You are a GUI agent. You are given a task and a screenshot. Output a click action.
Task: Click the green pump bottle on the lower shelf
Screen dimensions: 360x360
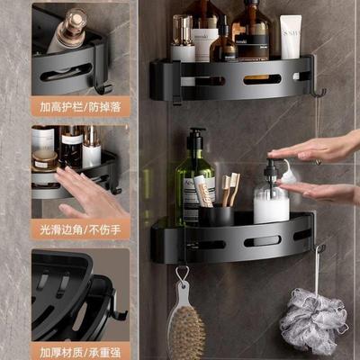(193, 184)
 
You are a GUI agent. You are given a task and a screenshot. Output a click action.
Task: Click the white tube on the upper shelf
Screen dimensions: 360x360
(290, 38)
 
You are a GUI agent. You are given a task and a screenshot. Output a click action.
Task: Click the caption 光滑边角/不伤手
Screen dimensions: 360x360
(80, 229)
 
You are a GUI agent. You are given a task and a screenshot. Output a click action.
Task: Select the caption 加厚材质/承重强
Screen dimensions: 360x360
(80, 348)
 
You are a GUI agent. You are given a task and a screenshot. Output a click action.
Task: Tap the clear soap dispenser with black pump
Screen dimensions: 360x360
(271, 200)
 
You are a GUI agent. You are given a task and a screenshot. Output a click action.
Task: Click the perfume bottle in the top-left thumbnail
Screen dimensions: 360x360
(68, 31)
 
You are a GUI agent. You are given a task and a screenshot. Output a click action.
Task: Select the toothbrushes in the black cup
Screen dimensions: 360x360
(225, 189)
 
